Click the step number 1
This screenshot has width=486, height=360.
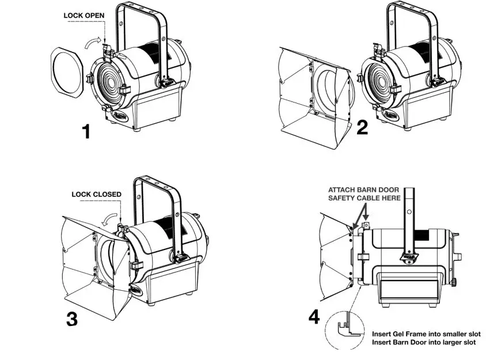point(86,132)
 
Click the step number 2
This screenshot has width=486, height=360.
point(362,127)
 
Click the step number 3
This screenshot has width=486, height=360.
point(71,319)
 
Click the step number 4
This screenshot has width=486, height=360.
point(313,316)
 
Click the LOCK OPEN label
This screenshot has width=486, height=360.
point(84,16)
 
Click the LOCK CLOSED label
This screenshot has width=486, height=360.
point(96,194)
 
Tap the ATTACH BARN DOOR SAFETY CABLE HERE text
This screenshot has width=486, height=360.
point(365,194)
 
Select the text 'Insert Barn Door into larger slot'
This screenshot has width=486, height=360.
point(424,343)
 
